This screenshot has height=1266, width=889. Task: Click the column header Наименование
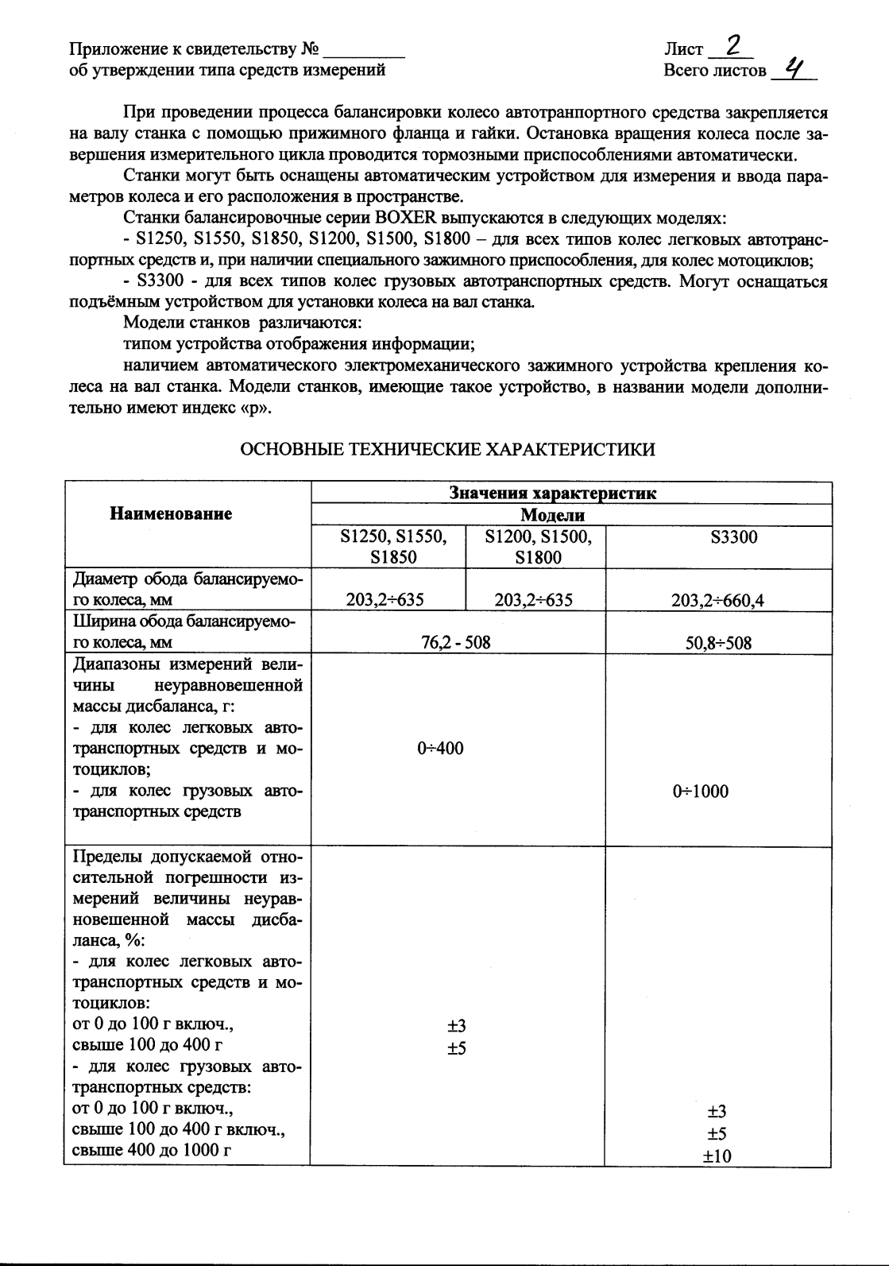pyautogui.click(x=171, y=513)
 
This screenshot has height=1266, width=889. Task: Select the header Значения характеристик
pyautogui.click(x=553, y=493)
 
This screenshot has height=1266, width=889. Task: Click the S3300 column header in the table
pyautogui.click(x=733, y=537)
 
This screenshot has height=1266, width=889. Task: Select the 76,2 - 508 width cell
pyautogui.click(x=455, y=642)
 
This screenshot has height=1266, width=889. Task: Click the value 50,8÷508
pyautogui.click(x=717, y=642)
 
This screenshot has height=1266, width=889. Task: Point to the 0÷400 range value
pyautogui.click(x=440, y=748)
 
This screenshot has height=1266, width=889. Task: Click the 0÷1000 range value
pyautogui.click(x=700, y=791)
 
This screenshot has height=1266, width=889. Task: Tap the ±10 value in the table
pyautogui.click(x=717, y=1156)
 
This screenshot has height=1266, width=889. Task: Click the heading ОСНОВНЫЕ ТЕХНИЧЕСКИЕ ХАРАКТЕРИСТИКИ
pyautogui.click(x=447, y=450)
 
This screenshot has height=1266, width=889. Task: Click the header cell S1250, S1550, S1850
pyautogui.click(x=393, y=547)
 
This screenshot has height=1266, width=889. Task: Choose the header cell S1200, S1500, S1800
pyautogui.click(x=538, y=547)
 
